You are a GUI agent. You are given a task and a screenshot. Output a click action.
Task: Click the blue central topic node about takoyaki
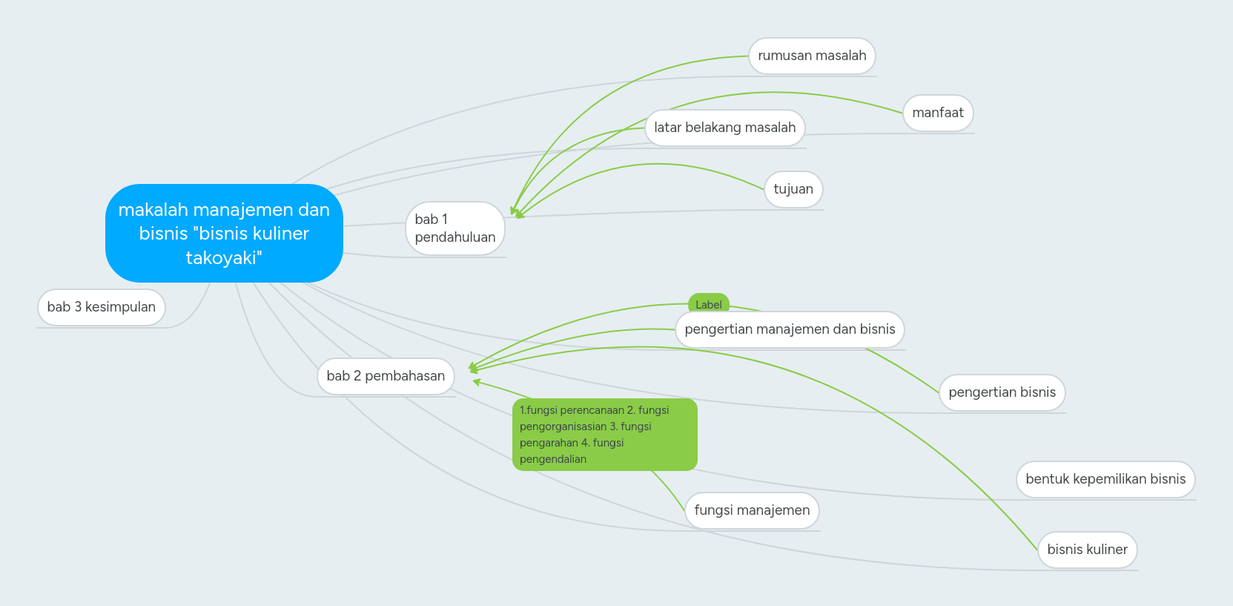point(224,233)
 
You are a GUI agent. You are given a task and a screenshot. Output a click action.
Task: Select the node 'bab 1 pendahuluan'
point(454,228)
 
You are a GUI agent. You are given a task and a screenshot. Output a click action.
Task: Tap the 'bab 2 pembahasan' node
point(386,376)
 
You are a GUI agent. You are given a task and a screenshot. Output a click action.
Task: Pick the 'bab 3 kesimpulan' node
point(101,307)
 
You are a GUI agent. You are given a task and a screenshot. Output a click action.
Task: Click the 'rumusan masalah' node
point(812,56)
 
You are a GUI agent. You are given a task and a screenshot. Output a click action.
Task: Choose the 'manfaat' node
point(937,113)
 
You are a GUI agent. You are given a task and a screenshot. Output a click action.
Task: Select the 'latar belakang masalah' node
point(724,128)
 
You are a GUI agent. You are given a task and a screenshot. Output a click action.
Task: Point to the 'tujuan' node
point(793,189)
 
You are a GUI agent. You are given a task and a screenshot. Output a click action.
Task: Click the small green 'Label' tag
point(709,303)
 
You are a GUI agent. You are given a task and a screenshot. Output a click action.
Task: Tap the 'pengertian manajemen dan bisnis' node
point(790,329)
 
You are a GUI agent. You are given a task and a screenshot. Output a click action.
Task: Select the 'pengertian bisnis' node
point(1002,392)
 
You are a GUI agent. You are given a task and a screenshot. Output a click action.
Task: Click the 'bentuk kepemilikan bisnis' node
point(1105,479)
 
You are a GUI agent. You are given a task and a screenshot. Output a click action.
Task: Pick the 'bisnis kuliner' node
point(1087,550)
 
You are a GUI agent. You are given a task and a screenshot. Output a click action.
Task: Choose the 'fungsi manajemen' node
point(752,510)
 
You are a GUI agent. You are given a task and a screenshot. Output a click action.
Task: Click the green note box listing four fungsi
point(604,435)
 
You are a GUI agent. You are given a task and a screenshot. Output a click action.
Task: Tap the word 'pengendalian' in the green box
point(553,459)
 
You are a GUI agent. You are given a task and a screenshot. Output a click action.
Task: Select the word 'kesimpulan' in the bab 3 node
point(120,307)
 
